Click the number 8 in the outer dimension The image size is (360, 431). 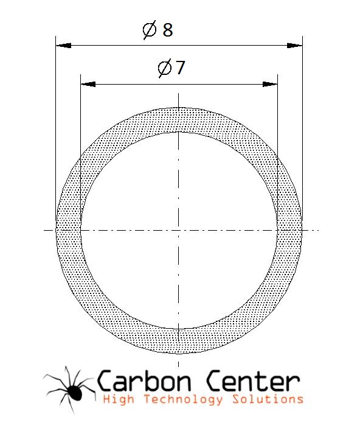(x=168, y=30)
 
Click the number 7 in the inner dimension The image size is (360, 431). (x=181, y=68)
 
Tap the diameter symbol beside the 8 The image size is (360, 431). (x=150, y=30)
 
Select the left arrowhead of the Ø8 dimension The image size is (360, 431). (x=63, y=46)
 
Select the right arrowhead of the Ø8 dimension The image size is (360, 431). (x=295, y=46)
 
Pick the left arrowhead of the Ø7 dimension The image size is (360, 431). (x=88, y=84)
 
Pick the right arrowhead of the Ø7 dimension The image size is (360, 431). (x=270, y=84)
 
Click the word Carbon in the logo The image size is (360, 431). (x=144, y=381)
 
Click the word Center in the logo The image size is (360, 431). (x=252, y=381)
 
